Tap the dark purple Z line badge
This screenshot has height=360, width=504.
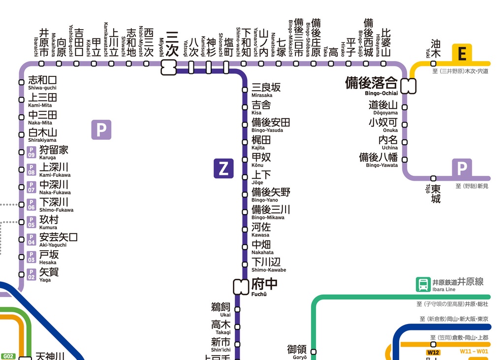coord(223,169)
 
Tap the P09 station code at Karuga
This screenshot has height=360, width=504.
coord(31,152)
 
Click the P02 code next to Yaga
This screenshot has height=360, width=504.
coord(31,274)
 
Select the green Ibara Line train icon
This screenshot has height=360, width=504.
coord(423,284)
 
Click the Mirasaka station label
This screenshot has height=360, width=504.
coord(266,90)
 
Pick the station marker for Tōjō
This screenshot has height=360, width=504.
coord(434,178)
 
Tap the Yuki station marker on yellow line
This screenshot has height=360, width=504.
coord(434,64)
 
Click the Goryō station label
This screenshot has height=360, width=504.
coord(297,351)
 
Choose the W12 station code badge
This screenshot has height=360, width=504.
coord(433,352)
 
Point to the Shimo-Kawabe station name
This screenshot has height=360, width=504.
coord(268,264)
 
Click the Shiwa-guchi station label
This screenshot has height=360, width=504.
coord(42,82)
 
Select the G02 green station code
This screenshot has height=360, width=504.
coord(8,356)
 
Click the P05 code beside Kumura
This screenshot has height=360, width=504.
coord(31,222)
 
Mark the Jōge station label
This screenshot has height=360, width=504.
coord(261,177)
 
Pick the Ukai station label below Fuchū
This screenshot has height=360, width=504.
coord(221,309)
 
